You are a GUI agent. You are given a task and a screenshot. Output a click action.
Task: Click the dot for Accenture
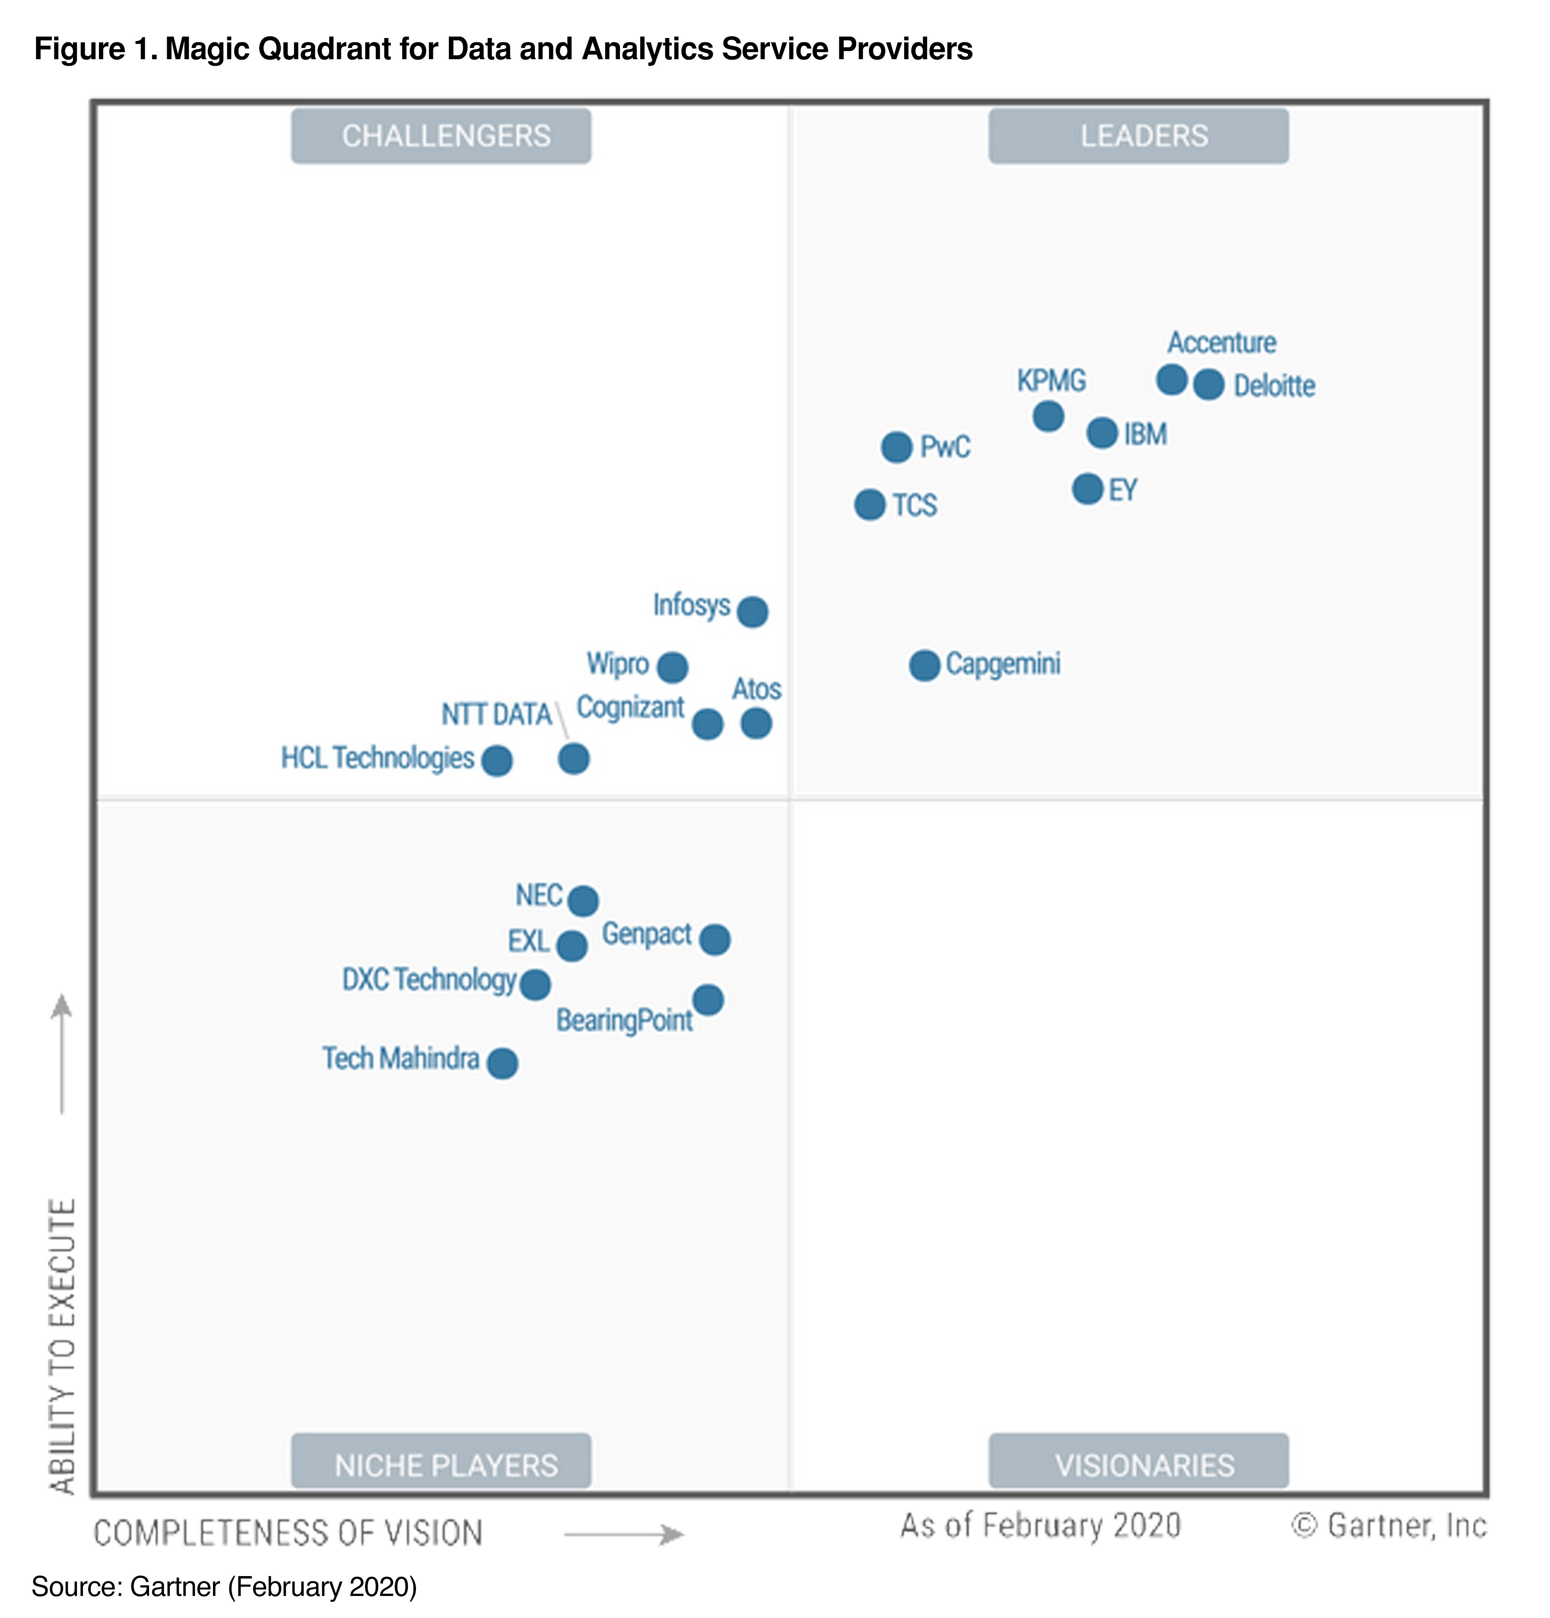[x=1171, y=380]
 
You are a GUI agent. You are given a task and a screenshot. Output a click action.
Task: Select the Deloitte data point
[x=1208, y=385]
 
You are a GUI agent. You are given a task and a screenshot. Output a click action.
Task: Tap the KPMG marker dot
[x=1048, y=416]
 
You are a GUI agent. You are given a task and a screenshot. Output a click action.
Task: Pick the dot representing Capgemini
[x=924, y=665]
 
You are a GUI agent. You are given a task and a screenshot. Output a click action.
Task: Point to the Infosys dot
[x=752, y=612]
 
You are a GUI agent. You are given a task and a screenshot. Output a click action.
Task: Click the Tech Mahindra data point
[x=502, y=1063]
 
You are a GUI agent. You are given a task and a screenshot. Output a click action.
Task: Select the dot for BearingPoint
[x=707, y=1000]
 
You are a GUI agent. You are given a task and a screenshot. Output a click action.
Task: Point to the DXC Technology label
[x=429, y=979]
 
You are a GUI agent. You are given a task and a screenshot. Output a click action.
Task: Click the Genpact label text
[x=646, y=933]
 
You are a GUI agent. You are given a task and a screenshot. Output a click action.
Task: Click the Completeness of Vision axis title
[x=288, y=1533]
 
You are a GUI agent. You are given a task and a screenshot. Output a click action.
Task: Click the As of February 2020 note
[x=1040, y=1526]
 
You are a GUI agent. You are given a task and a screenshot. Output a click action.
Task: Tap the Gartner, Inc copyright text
[x=1389, y=1526]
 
